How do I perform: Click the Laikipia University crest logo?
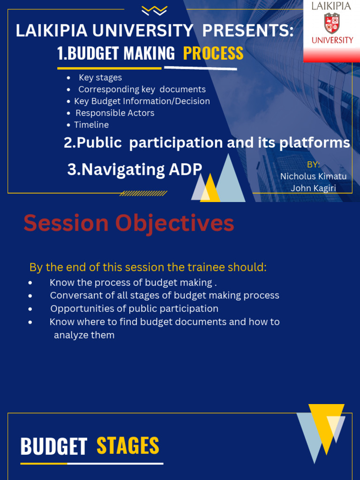332,23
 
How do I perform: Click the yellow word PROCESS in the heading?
213,53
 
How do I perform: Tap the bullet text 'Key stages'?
100,77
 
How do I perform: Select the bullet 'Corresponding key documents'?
142,89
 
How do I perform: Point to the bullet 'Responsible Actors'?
115,113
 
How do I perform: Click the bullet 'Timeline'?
91,125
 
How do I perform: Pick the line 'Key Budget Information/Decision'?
142,101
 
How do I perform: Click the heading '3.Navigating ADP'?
135,169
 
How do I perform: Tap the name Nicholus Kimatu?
313,177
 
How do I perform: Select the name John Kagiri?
313,188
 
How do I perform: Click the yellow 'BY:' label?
313,165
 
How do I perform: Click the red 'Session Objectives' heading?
129,223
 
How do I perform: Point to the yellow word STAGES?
128,446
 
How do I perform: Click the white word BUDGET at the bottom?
54,447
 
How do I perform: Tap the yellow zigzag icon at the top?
154,10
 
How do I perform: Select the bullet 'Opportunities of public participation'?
134,308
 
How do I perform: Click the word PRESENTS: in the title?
248,31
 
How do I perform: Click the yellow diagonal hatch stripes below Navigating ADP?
143,193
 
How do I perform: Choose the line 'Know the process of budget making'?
133,283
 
